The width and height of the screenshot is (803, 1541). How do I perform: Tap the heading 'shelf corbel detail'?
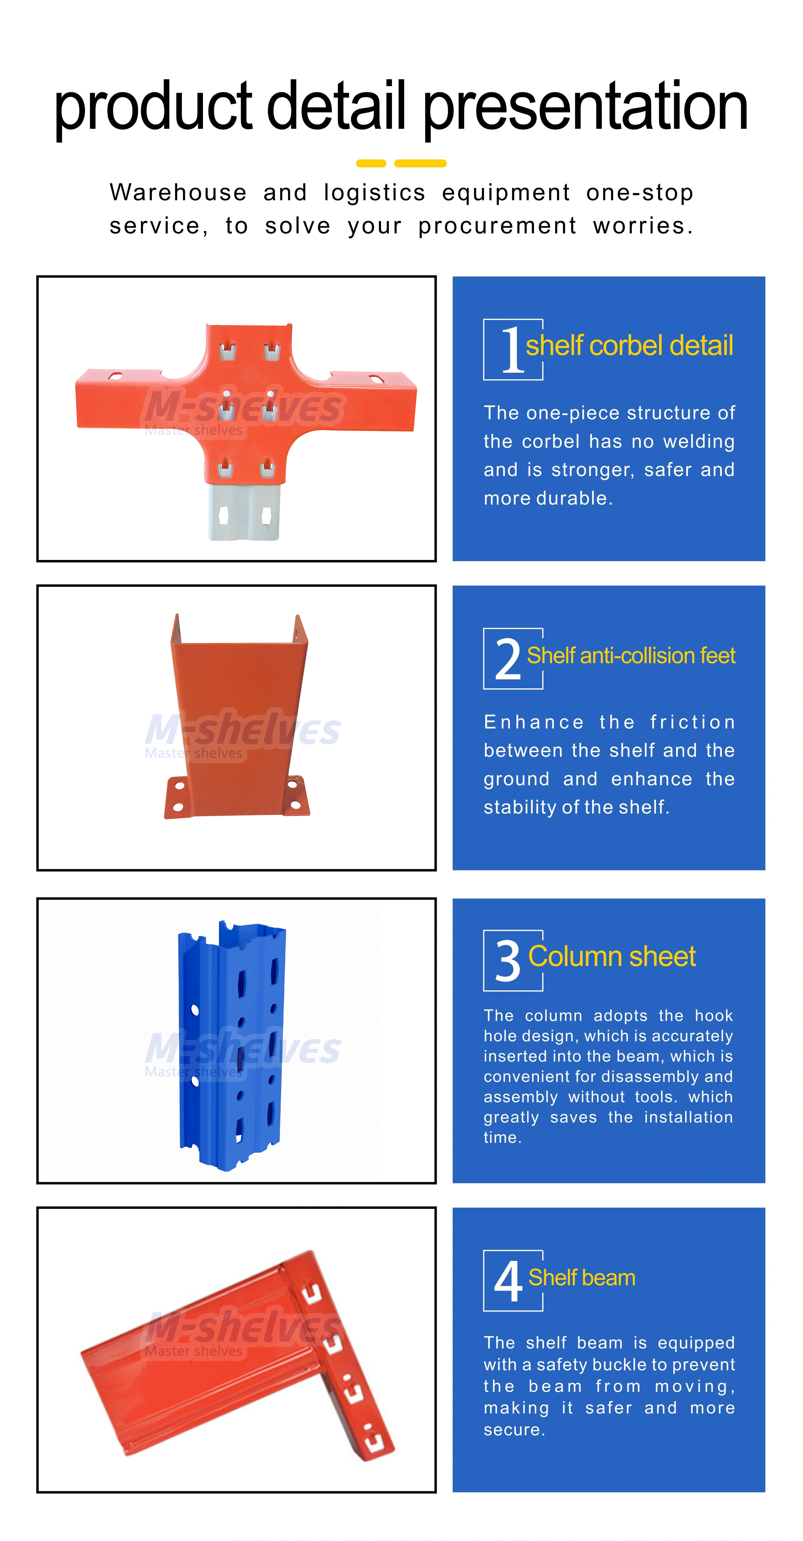click(629, 346)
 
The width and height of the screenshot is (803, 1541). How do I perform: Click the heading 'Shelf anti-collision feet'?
click(631, 656)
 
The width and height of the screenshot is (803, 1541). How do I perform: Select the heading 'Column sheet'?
click(612, 956)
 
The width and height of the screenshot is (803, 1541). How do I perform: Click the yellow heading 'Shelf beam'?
click(582, 1278)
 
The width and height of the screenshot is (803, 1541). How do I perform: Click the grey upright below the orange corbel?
click(244, 512)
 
